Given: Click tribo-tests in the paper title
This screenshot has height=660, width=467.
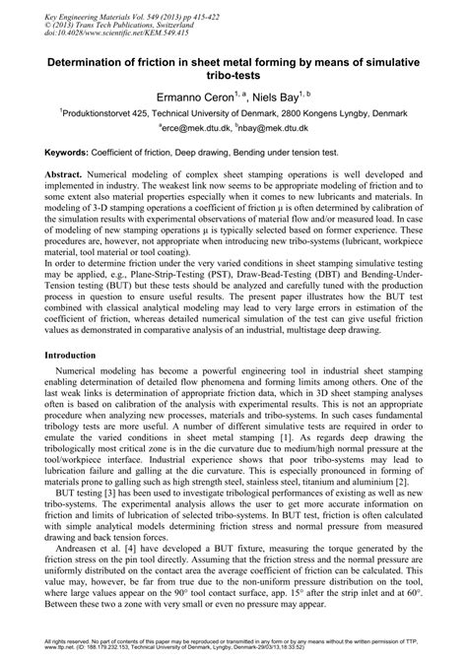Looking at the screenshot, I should [233, 76].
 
